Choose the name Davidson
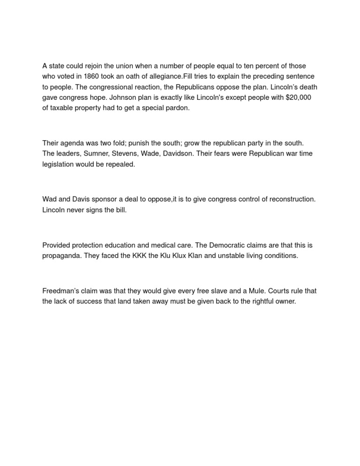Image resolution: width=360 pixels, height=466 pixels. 177,153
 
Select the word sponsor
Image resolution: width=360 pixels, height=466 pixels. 108,199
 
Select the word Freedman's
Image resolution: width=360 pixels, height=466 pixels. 61,291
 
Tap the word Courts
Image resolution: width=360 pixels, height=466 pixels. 278,291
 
